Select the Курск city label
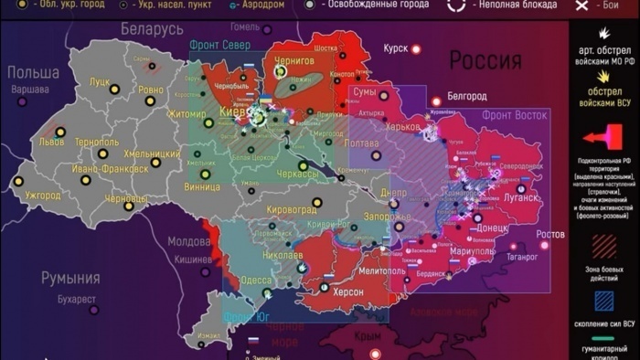(396, 48)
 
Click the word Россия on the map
(485, 61)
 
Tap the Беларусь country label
(152, 30)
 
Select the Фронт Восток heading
(515, 116)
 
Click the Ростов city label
(550, 235)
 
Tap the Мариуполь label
(473, 250)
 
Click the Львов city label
(51, 143)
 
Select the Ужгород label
(42, 196)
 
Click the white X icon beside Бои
(581, 5)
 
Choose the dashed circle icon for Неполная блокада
(456, 5)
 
